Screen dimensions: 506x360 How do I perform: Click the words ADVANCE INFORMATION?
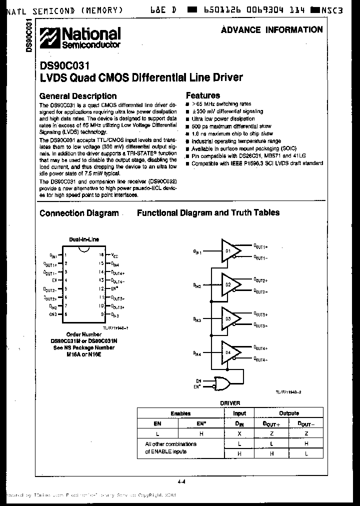[272, 30]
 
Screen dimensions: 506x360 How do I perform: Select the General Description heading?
[78, 96]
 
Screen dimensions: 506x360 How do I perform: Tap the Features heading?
[203, 95]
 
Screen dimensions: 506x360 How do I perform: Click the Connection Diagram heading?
[79, 213]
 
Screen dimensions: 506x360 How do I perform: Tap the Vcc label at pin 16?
[114, 255]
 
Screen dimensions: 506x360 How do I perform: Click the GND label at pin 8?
[53, 314]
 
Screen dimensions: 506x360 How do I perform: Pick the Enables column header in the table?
[180, 413]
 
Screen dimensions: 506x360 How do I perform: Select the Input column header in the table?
[239, 413]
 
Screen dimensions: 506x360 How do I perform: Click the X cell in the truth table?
[239, 433]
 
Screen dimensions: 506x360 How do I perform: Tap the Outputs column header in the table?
[288, 413]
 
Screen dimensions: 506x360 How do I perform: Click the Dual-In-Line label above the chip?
[84, 239]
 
